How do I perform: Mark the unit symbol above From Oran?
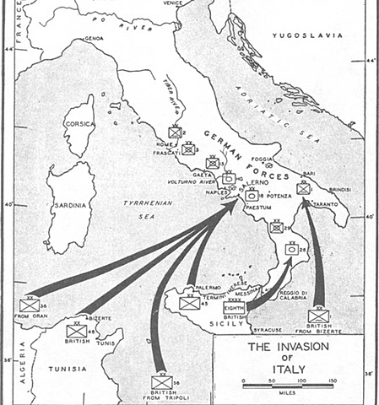tap(29, 305)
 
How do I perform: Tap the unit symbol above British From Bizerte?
tap(317, 316)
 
